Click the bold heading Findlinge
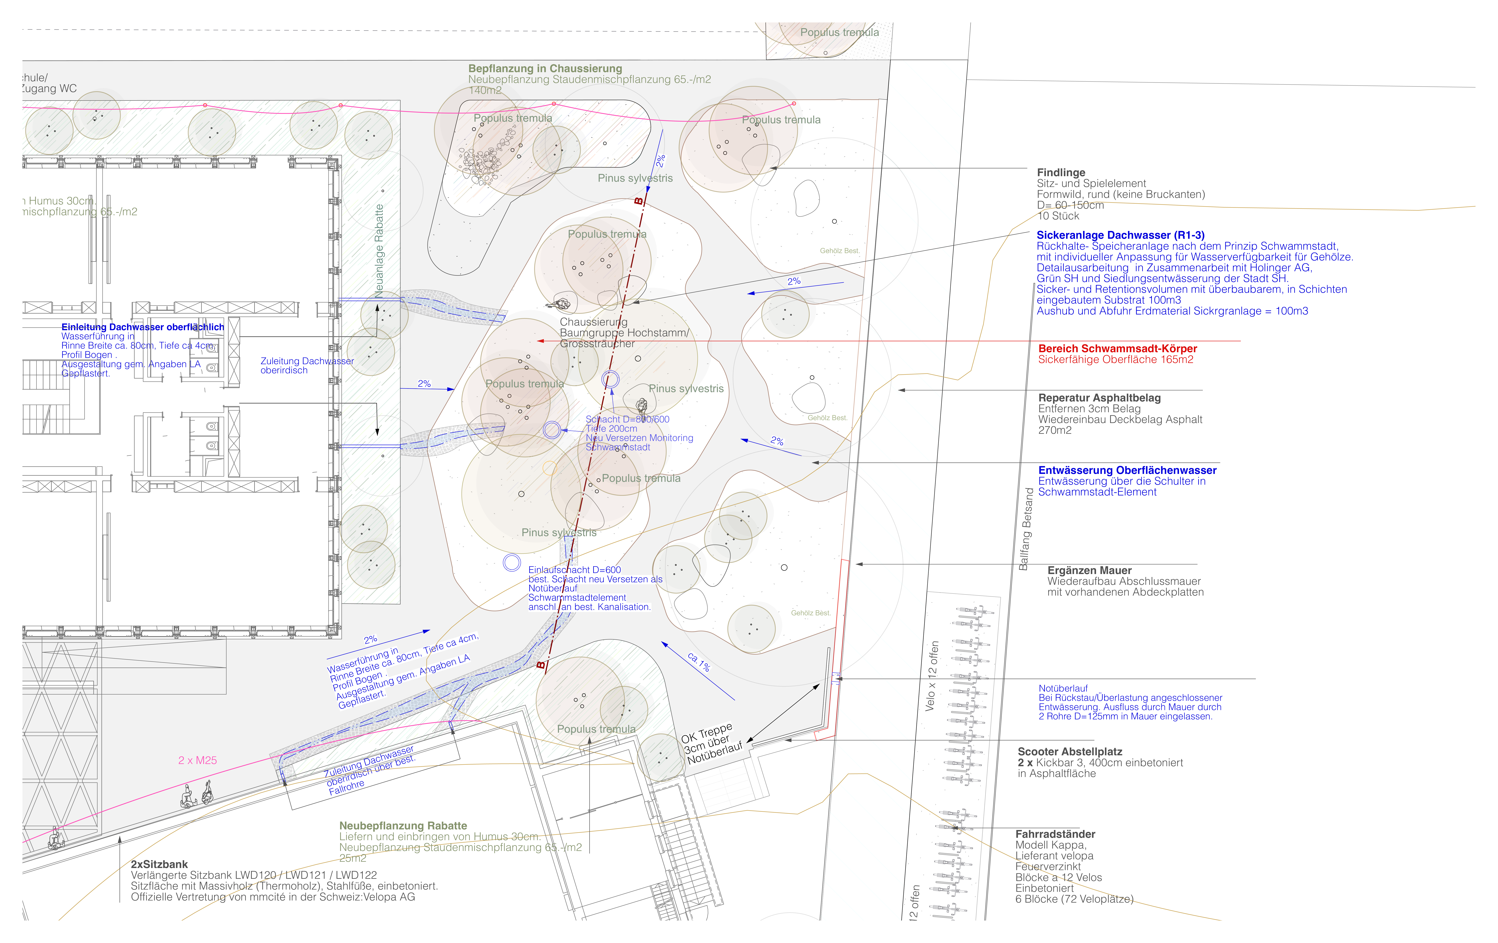click(1061, 172)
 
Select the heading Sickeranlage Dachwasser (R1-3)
click(1120, 235)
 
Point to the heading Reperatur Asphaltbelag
click(1099, 398)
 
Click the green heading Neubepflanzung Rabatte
click(403, 825)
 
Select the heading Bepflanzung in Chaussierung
click(545, 68)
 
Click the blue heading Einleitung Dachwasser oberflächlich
click(142, 327)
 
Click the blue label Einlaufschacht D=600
click(574, 570)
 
